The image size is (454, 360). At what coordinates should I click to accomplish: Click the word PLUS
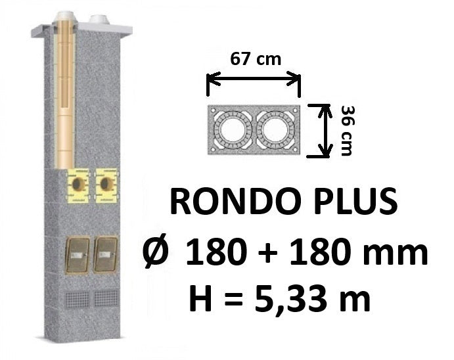356,200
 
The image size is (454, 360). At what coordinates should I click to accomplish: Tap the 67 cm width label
256,59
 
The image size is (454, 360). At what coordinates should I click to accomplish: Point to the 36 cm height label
347,131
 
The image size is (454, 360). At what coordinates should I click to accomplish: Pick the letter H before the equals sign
201,298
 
